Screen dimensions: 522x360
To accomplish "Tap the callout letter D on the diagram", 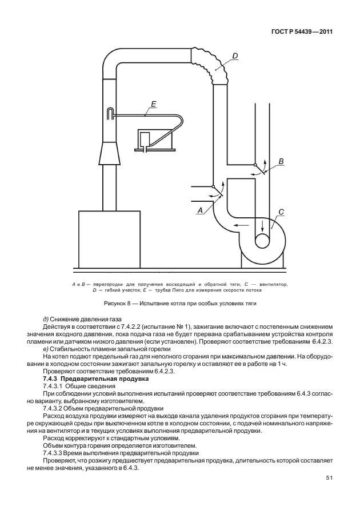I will pos(235,55).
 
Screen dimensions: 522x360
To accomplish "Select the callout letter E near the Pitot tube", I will pos(153,104).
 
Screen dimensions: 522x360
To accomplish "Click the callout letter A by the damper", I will pos(200,210).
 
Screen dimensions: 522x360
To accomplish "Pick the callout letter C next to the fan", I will pos(281,212).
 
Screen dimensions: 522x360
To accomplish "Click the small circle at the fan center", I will pos(262,242).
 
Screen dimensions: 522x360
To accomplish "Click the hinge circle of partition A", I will pos(213,186).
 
